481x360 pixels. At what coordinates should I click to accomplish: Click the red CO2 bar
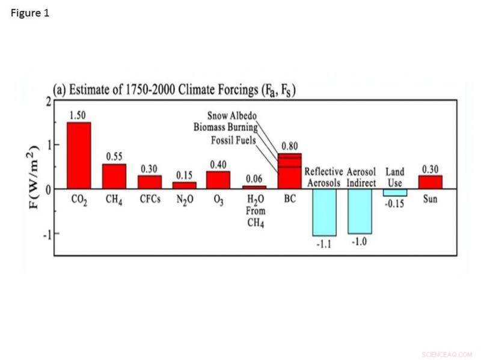tap(79, 156)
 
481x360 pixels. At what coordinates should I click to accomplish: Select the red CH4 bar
tap(114, 176)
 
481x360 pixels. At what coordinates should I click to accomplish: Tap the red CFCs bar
tap(150, 182)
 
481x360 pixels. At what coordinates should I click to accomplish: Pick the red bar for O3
tap(218, 180)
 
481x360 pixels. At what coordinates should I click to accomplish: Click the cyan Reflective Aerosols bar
tap(324, 212)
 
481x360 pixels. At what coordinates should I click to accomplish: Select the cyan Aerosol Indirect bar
tap(360, 211)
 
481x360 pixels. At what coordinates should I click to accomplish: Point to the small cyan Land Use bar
tap(394, 192)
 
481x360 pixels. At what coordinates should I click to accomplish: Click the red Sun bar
tap(430, 182)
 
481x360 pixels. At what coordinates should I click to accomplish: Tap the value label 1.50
tap(79, 115)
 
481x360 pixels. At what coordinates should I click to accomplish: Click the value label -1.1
tap(324, 244)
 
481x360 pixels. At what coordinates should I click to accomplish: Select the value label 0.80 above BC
tap(290, 145)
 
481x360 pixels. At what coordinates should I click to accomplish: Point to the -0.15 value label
tap(395, 204)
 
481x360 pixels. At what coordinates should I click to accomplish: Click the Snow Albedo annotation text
tap(232, 115)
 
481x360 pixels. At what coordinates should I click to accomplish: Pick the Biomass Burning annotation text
tap(225, 127)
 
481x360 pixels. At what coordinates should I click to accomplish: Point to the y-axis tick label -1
tap(45, 233)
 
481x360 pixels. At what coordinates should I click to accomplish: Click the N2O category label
tap(184, 200)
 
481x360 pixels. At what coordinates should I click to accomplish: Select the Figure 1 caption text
tap(29, 13)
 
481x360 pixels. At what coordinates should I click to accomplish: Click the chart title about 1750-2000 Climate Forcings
tap(174, 90)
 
